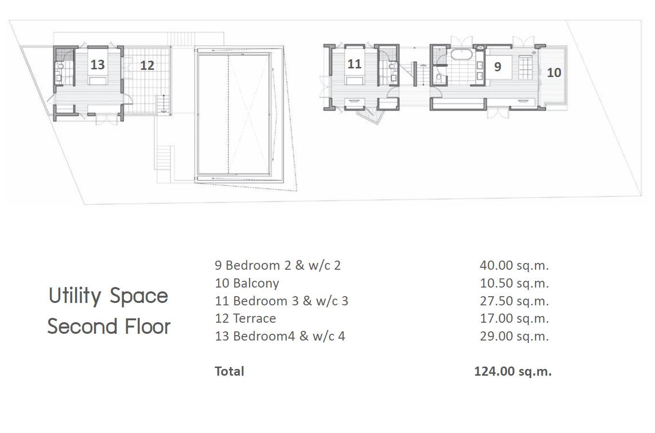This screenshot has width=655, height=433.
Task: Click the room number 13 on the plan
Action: point(97,65)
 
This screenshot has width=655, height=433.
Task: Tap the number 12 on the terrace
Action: point(147,66)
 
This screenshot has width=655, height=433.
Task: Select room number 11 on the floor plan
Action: point(354,64)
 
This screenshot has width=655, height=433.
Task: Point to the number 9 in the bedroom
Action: point(498,67)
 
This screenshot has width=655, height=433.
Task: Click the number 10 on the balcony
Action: point(554,72)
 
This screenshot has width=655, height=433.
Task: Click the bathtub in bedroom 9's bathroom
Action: point(461,54)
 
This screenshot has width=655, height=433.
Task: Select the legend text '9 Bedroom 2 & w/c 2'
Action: point(278,265)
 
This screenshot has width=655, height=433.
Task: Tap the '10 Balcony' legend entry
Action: point(247,283)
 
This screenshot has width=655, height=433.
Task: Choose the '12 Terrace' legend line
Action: point(245,318)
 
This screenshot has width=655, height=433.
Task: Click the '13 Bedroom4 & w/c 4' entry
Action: point(280,336)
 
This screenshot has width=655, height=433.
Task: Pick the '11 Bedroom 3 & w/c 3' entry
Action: point(281,301)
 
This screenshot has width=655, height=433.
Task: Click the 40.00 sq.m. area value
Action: point(514,265)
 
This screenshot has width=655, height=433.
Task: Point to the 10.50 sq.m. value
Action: point(514,283)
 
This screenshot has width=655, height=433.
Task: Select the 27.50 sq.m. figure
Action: point(514,301)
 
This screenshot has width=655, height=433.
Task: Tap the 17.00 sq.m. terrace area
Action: point(514,318)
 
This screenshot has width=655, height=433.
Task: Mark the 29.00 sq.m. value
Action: point(514,336)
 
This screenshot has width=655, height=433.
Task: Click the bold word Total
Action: point(229,371)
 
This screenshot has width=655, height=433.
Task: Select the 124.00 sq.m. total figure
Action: point(513,371)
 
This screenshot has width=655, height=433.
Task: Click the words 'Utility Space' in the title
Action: point(108,296)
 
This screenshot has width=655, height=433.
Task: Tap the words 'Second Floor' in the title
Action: point(109,326)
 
